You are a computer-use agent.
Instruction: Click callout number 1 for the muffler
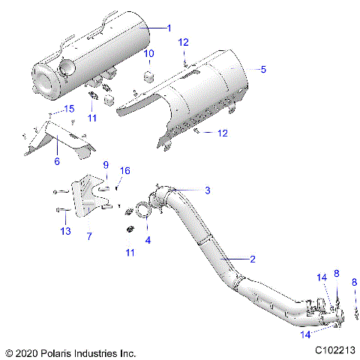tap(169, 28)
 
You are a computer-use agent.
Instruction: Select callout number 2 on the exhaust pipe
tap(253, 259)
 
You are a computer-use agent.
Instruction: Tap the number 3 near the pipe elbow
tap(186, 190)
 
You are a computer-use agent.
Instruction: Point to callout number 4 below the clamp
tap(147, 241)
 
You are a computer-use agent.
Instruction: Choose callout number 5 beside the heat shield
tap(262, 69)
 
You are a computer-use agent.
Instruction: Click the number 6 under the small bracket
tap(56, 161)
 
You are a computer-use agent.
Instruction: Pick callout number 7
tap(89, 236)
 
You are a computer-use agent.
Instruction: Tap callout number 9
tap(106, 165)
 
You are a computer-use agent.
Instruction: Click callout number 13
tap(66, 231)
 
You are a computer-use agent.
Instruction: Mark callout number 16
tap(125, 171)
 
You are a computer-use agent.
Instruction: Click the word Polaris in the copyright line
tap(60, 351)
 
